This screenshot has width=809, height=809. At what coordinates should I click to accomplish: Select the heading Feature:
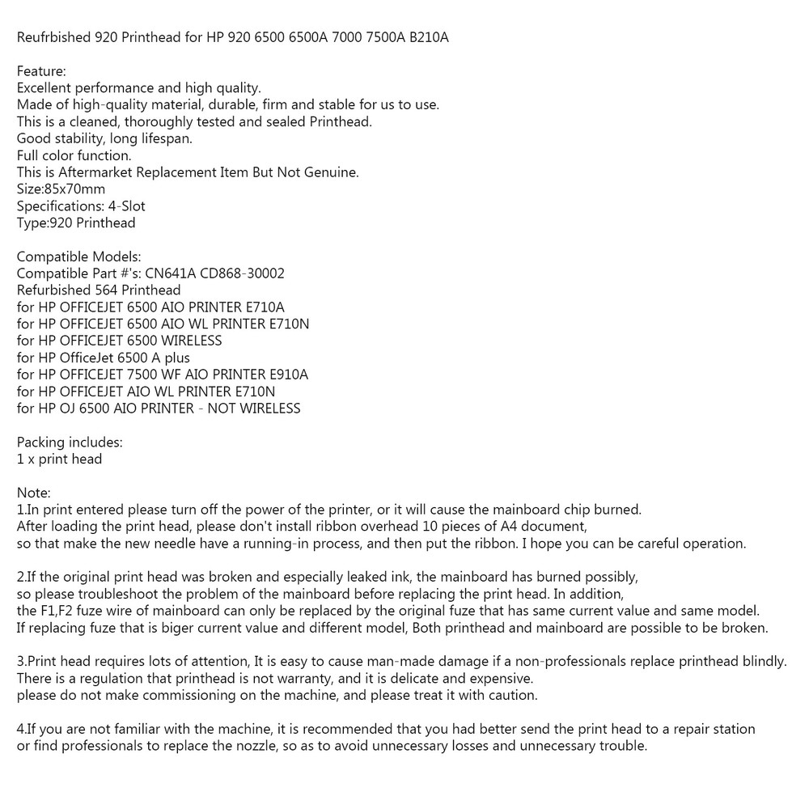(41, 71)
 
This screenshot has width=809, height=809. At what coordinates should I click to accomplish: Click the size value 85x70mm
(75, 189)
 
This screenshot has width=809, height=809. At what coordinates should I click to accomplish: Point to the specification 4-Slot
(125, 206)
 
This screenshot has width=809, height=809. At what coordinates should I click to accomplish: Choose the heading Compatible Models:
(78, 256)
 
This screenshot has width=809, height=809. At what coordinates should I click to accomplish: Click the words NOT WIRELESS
(255, 409)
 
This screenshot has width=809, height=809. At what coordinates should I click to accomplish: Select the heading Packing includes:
(70, 443)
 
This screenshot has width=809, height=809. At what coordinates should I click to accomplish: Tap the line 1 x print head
(59, 460)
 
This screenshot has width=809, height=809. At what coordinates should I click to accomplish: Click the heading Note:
(34, 493)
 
